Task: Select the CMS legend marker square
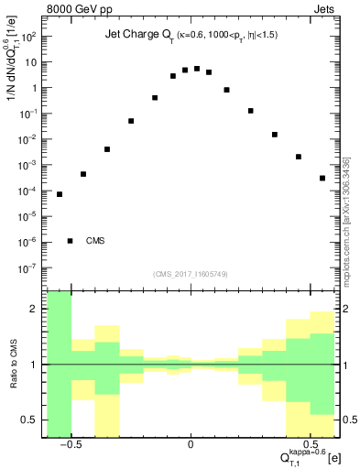(x=70, y=241)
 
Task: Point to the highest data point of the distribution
(x=197, y=69)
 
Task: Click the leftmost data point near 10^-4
(x=60, y=194)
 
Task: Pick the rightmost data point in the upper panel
(x=322, y=178)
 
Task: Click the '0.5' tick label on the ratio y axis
(x=31, y=420)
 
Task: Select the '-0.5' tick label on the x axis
(x=69, y=442)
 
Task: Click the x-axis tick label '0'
(x=190, y=442)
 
